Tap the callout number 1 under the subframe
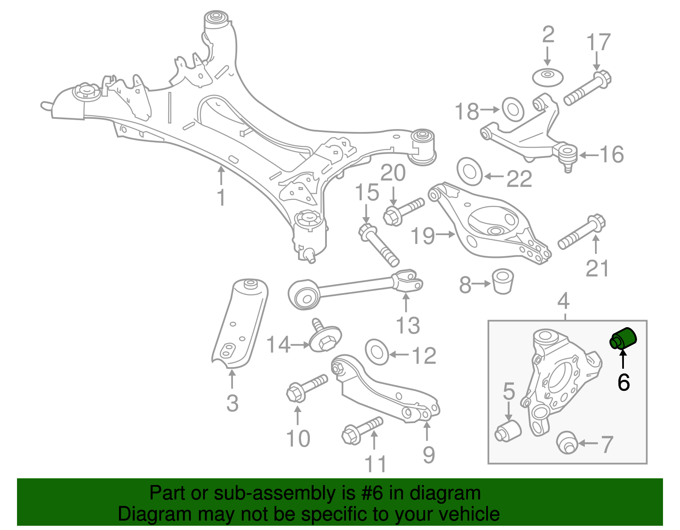[x=221, y=197]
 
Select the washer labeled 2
[x=548, y=77]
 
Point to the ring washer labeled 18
[x=513, y=109]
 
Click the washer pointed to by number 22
[x=469, y=172]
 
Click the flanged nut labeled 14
[x=325, y=338]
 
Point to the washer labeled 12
[x=377, y=352]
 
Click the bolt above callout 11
[x=362, y=430]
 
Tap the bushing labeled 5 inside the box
[x=508, y=431]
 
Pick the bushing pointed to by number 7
[x=567, y=442]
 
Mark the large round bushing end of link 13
[x=304, y=294]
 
